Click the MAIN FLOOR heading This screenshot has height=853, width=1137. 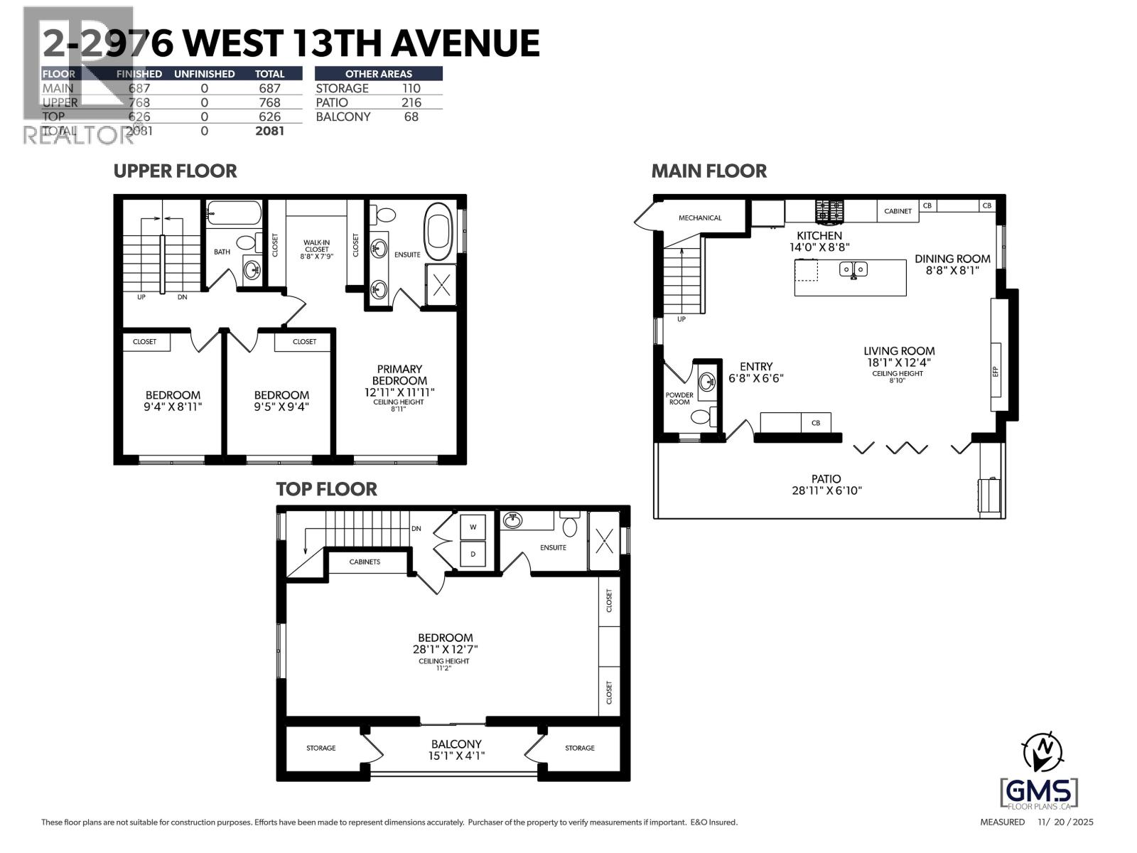click(708, 171)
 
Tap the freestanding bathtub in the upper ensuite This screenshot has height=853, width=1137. click(438, 232)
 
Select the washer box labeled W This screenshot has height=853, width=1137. click(473, 527)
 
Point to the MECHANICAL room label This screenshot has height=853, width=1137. click(699, 218)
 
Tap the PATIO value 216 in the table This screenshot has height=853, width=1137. click(411, 102)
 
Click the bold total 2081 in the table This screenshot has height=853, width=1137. click(269, 131)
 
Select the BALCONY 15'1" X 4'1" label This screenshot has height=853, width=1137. click(456, 749)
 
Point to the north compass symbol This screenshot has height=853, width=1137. click(1042, 751)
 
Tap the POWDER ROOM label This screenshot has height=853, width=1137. click(679, 398)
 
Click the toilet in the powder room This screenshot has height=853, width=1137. click(701, 417)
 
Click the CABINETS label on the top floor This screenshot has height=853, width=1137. click(365, 562)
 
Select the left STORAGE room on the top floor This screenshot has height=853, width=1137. click(320, 748)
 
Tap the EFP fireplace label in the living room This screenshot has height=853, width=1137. click(995, 370)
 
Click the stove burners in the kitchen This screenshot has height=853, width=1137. click(827, 211)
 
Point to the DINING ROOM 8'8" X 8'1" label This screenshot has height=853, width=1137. click(952, 264)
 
